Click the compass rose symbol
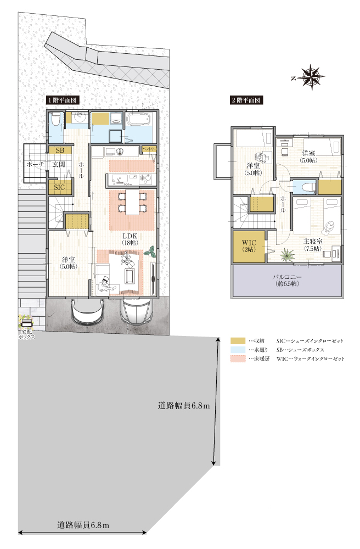pyautogui.click(x=312, y=77)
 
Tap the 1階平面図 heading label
pyautogui.click(x=63, y=100)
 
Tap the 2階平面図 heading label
pyautogui.click(x=246, y=100)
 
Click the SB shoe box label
pyautogui.click(x=60, y=150)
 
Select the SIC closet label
pyautogui.click(x=59, y=187)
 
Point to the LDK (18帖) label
pyautogui.click(x=130, y=239)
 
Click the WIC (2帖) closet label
pyautogui.click(x=249, y=246)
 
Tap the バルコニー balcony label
pyautogui.click(x=287, y=280)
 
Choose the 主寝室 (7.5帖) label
pyautogui.click(x=313, y=245)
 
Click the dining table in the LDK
pyautogui.click(x=132, y=202)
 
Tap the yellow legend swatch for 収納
pyautogui.click(x=238, y=341)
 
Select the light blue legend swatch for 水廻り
pyautogui.click(x=238, y=350)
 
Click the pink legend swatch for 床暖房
pyautogui.click(x=238, y=359)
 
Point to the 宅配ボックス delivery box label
pyautogui.click(x=26, y=334)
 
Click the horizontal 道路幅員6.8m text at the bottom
pyautogui.click(x=83, y=525)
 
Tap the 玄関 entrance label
pyautogui.click(x=59, y=165)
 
